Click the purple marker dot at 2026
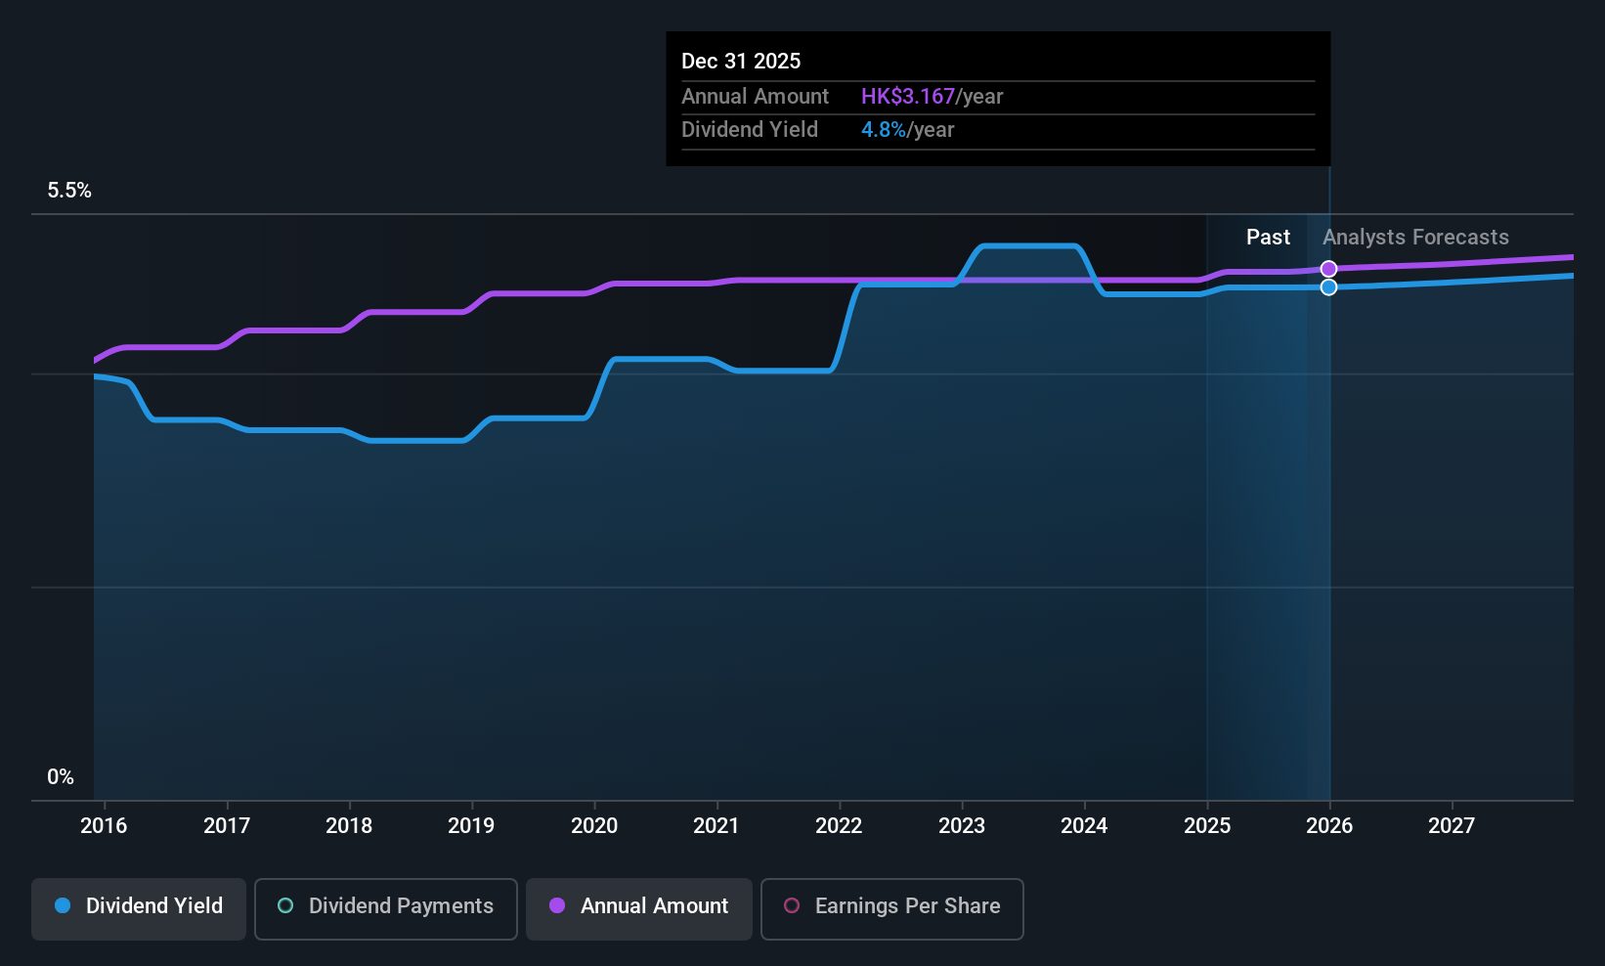pyautogui.click(x=1328, y=269)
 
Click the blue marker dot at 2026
pyautogui.click(x=1328, y=287)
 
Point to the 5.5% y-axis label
pyautogui.click(x=69, y=191)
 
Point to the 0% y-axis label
pyautogui.click(x=61, y=777)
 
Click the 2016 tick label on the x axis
pyautogui.click(x=104, y=826)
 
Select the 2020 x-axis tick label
pyautogui.click(x=594, y=826)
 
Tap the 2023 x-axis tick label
pyautogui.click(x=962, y=826)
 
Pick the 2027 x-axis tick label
pyautogui.click(x=1452, y=826)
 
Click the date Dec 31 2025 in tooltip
pyautogui.click(x=741, y=62)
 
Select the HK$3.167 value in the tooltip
pyautogui.click(x=907, y=97)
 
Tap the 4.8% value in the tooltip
pyautogui.click(x=883, y=130)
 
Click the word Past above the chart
pyautogui.click(x=1268, y=238)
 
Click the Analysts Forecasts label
pyautogui.click(x=1415, y=238)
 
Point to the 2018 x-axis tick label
pyautogui.click(x=349, y=826)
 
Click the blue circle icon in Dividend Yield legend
pyautogui.click(x=63, y=906)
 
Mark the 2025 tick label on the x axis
pyautogui.click(x=1207, y=826)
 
